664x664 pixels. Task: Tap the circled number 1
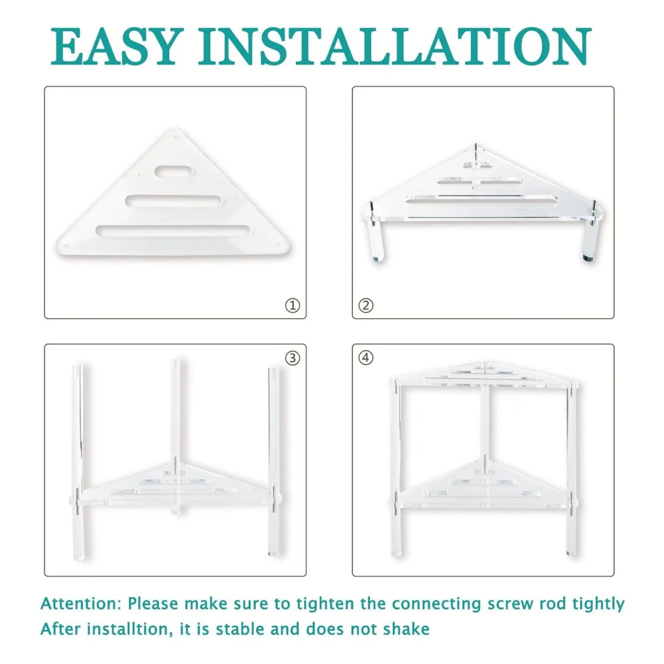coord(292,306)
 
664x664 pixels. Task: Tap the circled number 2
coord(365,306)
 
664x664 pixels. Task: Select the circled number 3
coord(292,358)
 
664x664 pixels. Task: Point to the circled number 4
coord(365,358)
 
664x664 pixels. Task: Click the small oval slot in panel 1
coord(173,172)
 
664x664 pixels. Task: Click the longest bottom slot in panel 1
coord(173,231)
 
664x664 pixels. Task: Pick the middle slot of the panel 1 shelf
coord(173,201)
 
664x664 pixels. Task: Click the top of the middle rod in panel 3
coord(175,362)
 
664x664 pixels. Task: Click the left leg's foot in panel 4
coord(396,553)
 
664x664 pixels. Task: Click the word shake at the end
coord(406,629)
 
